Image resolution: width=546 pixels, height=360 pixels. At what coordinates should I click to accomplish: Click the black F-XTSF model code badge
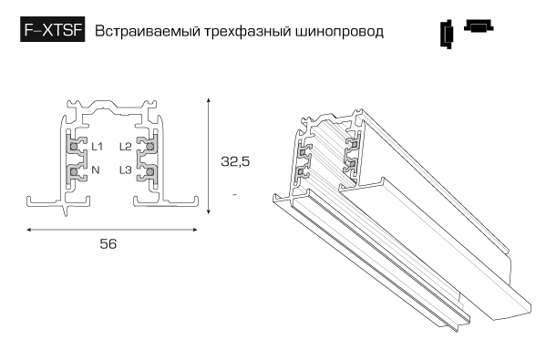click(52, 29)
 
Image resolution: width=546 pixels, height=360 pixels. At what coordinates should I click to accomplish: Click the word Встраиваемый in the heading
click(148, 31)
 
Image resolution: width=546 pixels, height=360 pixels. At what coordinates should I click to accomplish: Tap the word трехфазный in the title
click(248, 32)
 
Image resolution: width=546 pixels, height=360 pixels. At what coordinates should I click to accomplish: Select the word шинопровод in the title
click(339, 32)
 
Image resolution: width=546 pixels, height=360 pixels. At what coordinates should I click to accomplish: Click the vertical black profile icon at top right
click(447, 34)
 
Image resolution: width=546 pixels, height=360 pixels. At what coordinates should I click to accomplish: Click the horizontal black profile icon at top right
click(479, 26)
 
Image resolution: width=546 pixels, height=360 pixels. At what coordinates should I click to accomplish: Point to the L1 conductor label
click(97, 147)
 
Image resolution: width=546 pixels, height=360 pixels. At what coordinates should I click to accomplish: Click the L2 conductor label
click(126, 147)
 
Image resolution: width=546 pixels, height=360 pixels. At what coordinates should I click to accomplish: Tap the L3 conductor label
click(126, 170)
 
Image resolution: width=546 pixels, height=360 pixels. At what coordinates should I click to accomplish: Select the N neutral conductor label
click(96, 170)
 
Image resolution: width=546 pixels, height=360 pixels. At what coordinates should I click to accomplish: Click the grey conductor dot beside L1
click(74, 146)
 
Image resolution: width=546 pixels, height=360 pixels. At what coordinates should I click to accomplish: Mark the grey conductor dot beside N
click(74, 171)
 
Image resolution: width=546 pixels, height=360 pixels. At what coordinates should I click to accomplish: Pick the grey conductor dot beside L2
click(150, 146)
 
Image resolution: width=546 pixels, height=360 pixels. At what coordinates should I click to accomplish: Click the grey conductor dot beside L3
click(150, 171)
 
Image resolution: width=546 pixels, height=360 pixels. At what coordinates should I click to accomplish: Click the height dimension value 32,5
click(235, 161)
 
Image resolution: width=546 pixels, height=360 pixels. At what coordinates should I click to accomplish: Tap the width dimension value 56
click(108, 244)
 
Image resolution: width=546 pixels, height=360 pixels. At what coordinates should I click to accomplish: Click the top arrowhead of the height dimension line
click(208, 100)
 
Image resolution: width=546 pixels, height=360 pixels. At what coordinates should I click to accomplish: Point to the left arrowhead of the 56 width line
click(29, 230)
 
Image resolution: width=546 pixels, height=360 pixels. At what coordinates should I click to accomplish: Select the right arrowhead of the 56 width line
click(195, 230)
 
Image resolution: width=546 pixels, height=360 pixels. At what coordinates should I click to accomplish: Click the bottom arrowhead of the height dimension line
click(208, 211)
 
